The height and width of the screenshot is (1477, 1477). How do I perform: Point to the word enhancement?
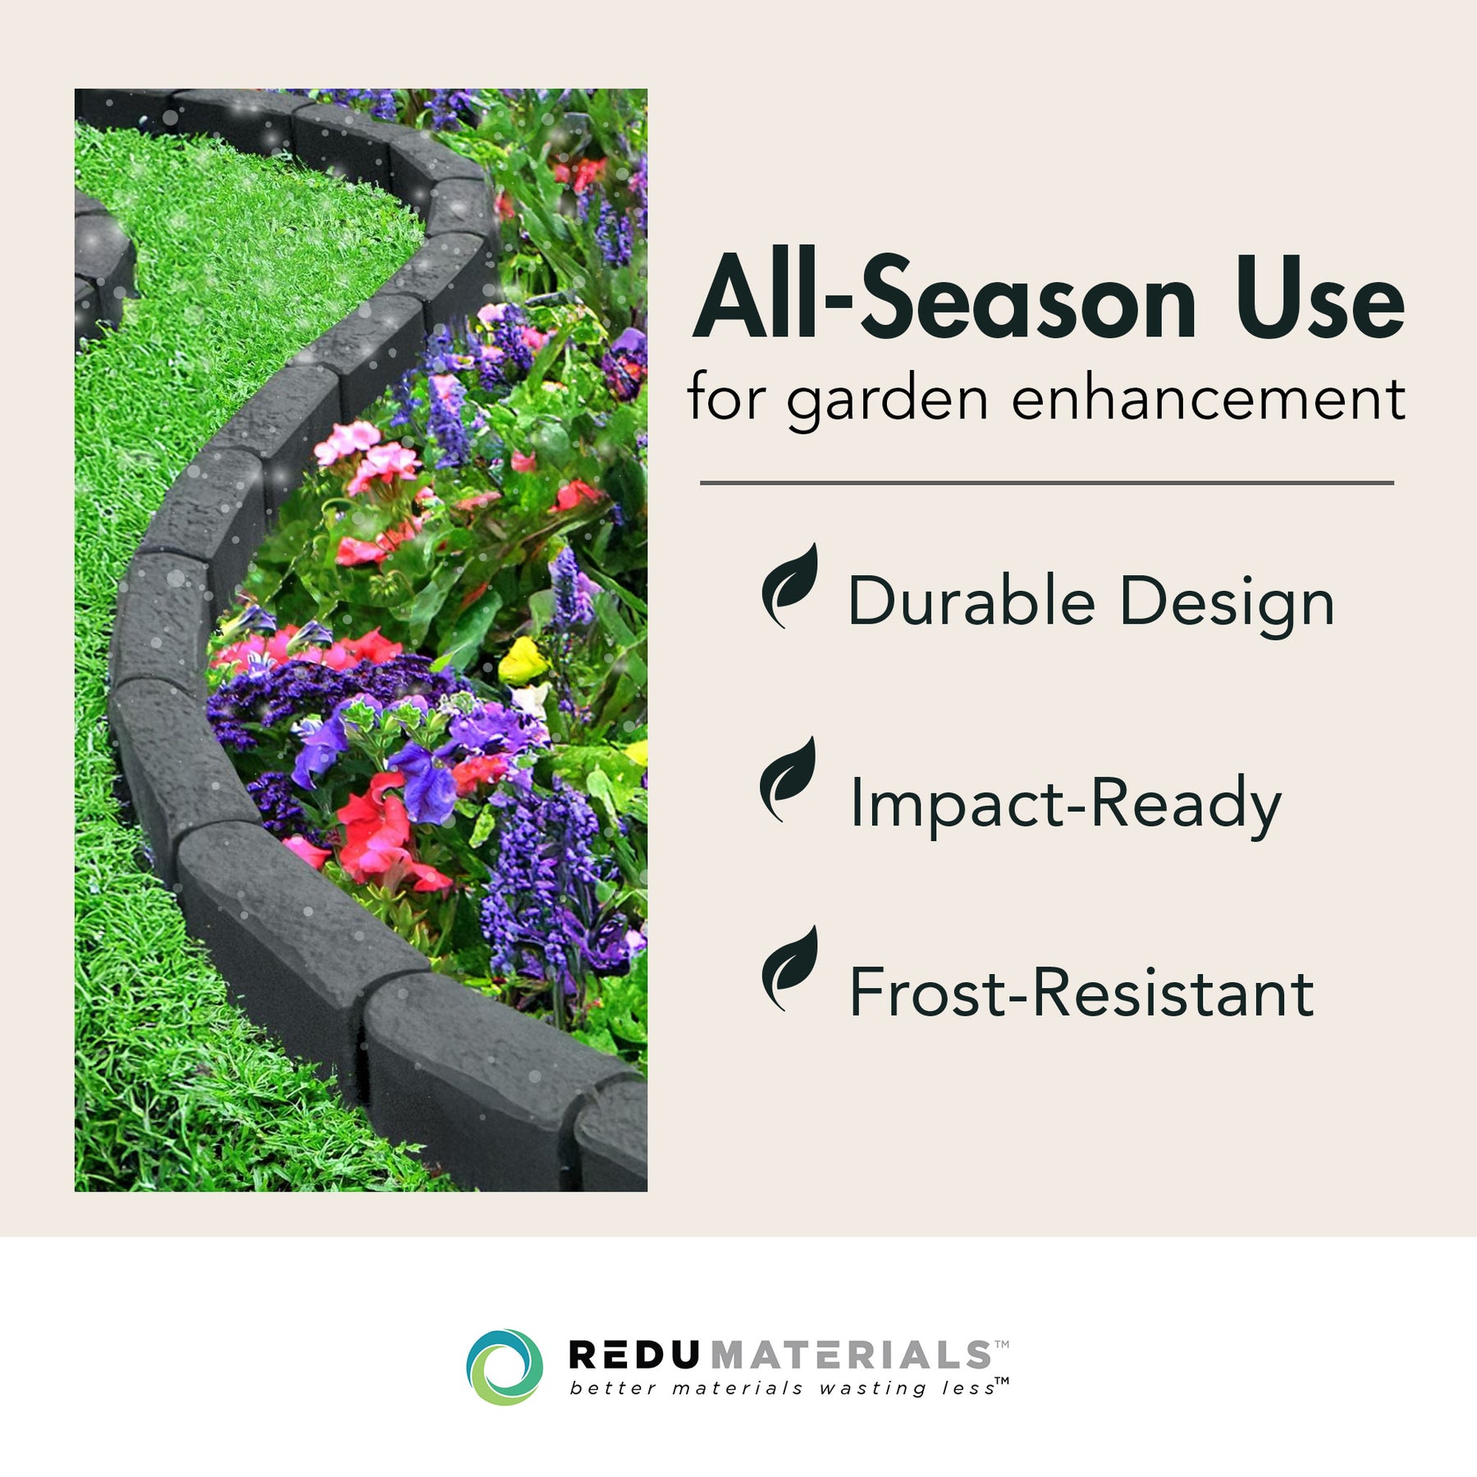[1208, 397]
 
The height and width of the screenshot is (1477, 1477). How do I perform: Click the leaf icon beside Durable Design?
[789, 586]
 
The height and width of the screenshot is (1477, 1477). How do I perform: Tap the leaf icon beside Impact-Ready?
[789, 780]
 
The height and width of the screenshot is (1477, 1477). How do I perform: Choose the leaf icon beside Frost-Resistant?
[789, 969]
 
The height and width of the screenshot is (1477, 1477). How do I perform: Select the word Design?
[1227, 606]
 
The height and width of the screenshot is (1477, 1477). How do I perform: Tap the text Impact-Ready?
[1065, 805]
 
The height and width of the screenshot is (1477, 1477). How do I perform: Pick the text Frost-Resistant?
[1081, 992]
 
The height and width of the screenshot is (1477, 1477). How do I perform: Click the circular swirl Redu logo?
[505, 1367]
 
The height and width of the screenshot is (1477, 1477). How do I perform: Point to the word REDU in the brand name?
[633, 1355]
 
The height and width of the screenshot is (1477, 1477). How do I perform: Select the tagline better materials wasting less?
[781, 1388]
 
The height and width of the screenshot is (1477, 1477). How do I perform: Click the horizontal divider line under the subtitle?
[1047, 482]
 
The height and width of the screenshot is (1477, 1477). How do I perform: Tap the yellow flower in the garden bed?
[524, 661]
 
